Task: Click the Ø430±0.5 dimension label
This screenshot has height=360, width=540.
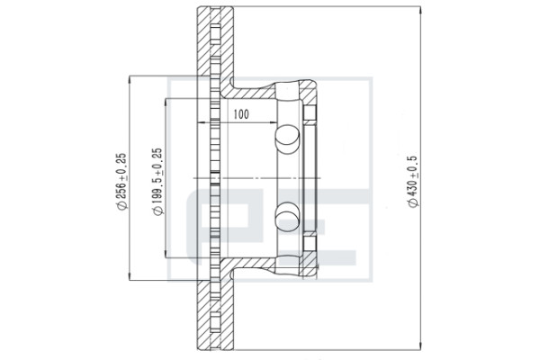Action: pyautogui.click(x=412, y=182)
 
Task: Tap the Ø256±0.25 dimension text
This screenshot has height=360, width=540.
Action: pyautogui.click(x=121, y=182)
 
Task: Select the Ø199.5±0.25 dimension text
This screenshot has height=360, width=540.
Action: pyautogui.click(x=157, y=182)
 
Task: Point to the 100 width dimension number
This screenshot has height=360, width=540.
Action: pyautogui.click(x=241, y=114)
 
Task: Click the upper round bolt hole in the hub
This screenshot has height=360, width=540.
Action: pyautogui.click(x=288, y=139)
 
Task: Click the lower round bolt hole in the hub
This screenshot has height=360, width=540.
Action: pyautogui.click(x=288, y=217)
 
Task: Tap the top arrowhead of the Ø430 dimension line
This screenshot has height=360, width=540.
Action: pyautogui.click(x=420, y=10)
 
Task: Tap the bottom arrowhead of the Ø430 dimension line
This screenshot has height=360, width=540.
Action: pyautogui.click(x=420, y=346)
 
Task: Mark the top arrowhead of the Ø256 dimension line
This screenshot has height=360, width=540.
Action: pyautogui.click(x=130, y=79)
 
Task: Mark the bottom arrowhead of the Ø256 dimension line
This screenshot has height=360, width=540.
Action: pyautogui.click(x=130, y=276)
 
